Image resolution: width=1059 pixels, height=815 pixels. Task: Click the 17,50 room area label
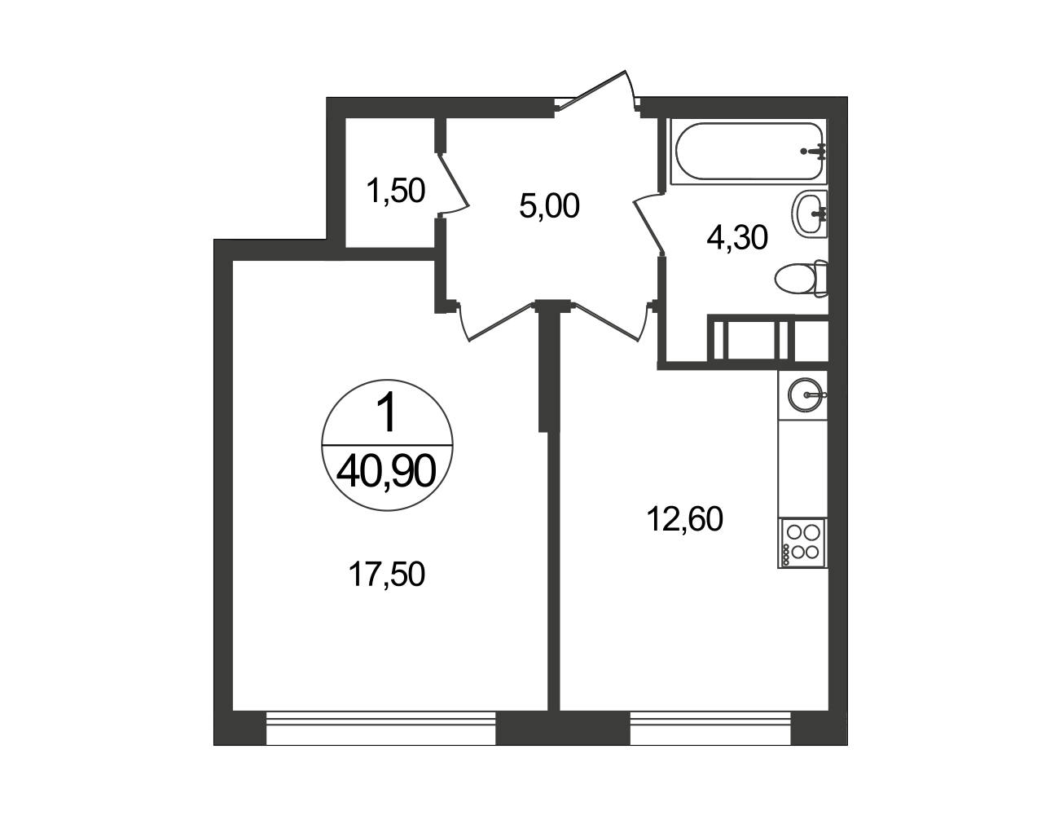[x=386, y=574]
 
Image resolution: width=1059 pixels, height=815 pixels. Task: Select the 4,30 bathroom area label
[x=737, y=237]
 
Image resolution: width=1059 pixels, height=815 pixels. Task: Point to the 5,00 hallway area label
[x=549, y=205]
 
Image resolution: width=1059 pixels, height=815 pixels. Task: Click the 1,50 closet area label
[x=396, y=190]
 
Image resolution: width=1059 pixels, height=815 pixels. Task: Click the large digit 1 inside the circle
[x=388, y=413]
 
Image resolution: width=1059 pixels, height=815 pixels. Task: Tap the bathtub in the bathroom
[x=749, y=151]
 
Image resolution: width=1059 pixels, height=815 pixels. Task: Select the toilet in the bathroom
[x=802, y=279]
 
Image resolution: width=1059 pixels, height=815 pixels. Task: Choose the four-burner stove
[x=802, y=543]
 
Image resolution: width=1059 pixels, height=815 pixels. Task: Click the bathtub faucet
[x=815, y=152]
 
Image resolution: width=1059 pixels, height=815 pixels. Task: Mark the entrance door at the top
[x=597, y=95]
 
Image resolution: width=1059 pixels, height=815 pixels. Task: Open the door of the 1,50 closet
[x=453, y=183]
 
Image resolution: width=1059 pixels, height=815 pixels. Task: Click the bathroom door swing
[x=649, y=222]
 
